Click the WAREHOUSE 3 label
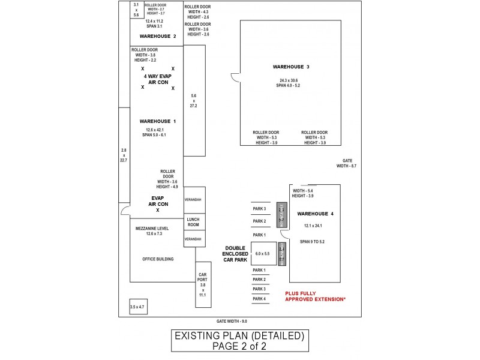coord(291,67)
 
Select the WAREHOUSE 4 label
coord(315,214)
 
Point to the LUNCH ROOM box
coord(193,222)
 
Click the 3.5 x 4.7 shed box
coord(137,307)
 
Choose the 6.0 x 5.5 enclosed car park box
coord(263,254)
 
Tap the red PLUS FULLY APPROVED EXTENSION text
coord(315,296)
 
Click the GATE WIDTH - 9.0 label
coord(232,322)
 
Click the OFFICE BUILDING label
coord(158,259)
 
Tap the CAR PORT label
coord(202,278)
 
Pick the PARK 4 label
coord(259,299)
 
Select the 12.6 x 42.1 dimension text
coord(155,130)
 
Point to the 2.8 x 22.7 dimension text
coord(124,155)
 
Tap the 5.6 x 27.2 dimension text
coord(193,101)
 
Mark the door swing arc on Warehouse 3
coord(235,78)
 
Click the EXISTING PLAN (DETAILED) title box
coord(240,340)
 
